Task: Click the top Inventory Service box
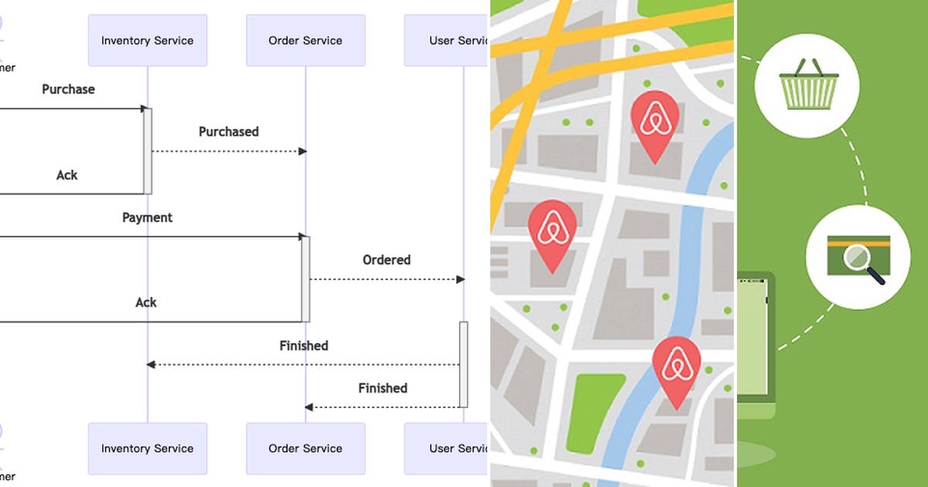coord(147,40)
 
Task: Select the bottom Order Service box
coord(305,448)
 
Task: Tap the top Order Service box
coord(305,40)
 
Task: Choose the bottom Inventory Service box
coord(147,448)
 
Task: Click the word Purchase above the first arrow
coord(68,90)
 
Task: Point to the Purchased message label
coord(228,132)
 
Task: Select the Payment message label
coord(147,218)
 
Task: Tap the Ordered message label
coord(386,261)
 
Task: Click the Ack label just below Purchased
coord(67,175)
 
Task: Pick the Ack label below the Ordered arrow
coord(146,303)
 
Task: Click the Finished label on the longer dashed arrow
coord(304,346)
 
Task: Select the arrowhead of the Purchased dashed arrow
coord(303,152)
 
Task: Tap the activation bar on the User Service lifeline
coord(464,364)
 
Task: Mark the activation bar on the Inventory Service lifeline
coord(148,151)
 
